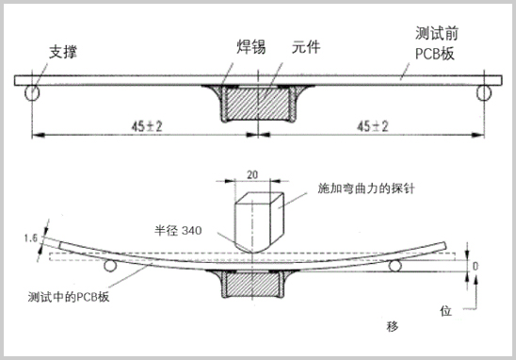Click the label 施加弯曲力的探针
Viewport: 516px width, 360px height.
(368, 188)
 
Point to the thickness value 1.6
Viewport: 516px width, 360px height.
(28, 240)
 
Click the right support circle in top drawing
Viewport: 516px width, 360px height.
(483, 92)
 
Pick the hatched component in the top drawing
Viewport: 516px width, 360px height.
(254, 104)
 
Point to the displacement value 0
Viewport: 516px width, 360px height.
(476, 267)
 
